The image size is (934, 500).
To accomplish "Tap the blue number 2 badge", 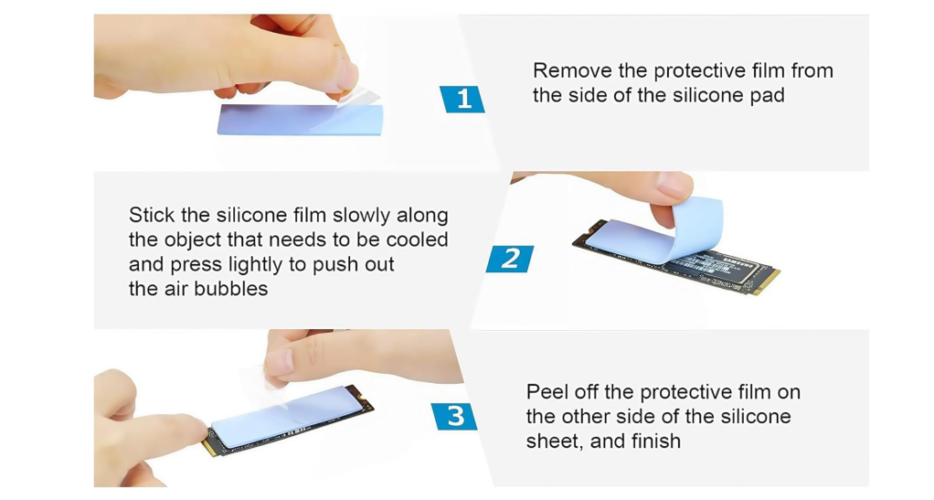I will click(510, 259).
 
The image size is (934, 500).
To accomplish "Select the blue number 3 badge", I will click(455, 417).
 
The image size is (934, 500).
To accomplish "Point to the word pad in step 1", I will click(767, 95).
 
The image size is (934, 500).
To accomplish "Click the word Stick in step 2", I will click(151, 216).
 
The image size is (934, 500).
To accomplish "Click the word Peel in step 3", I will click(547, 392).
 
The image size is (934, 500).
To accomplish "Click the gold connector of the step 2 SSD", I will click(764, 281).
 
